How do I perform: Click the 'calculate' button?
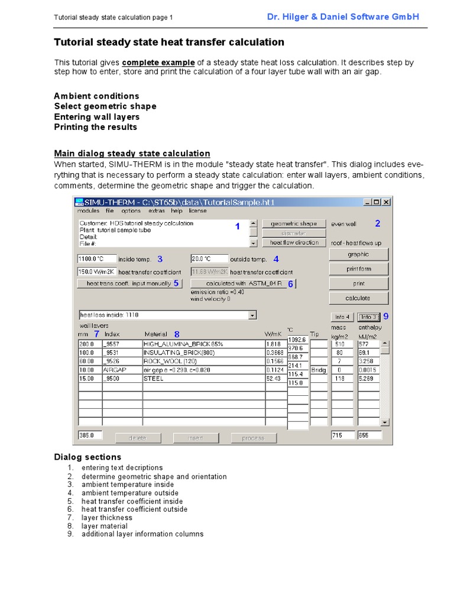coord(358,298)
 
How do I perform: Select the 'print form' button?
coord(358,269)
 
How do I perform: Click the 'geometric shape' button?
coord(294,224)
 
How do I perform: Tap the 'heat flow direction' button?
coord(294,243)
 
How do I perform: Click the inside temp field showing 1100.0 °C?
coord(96,259)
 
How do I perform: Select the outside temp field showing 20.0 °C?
coord(209,259)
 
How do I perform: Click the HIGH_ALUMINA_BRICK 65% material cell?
coord(203,344)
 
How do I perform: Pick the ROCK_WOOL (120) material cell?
coord(203,361)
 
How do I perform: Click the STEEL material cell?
coord(203,379)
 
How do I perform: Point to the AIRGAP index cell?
coord(121,370)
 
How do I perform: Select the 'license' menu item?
coord(197,211)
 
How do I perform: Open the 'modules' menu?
coord(88,211)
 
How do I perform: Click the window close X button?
coord(386,201)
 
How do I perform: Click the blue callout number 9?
coord(386,316)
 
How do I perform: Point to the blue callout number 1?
coord(238,227)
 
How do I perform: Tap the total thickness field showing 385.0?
coord(90,435)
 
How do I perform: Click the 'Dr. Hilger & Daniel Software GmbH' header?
coord(343,17)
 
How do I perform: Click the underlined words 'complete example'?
coord(158,63)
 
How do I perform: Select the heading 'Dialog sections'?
coord(87,457)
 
